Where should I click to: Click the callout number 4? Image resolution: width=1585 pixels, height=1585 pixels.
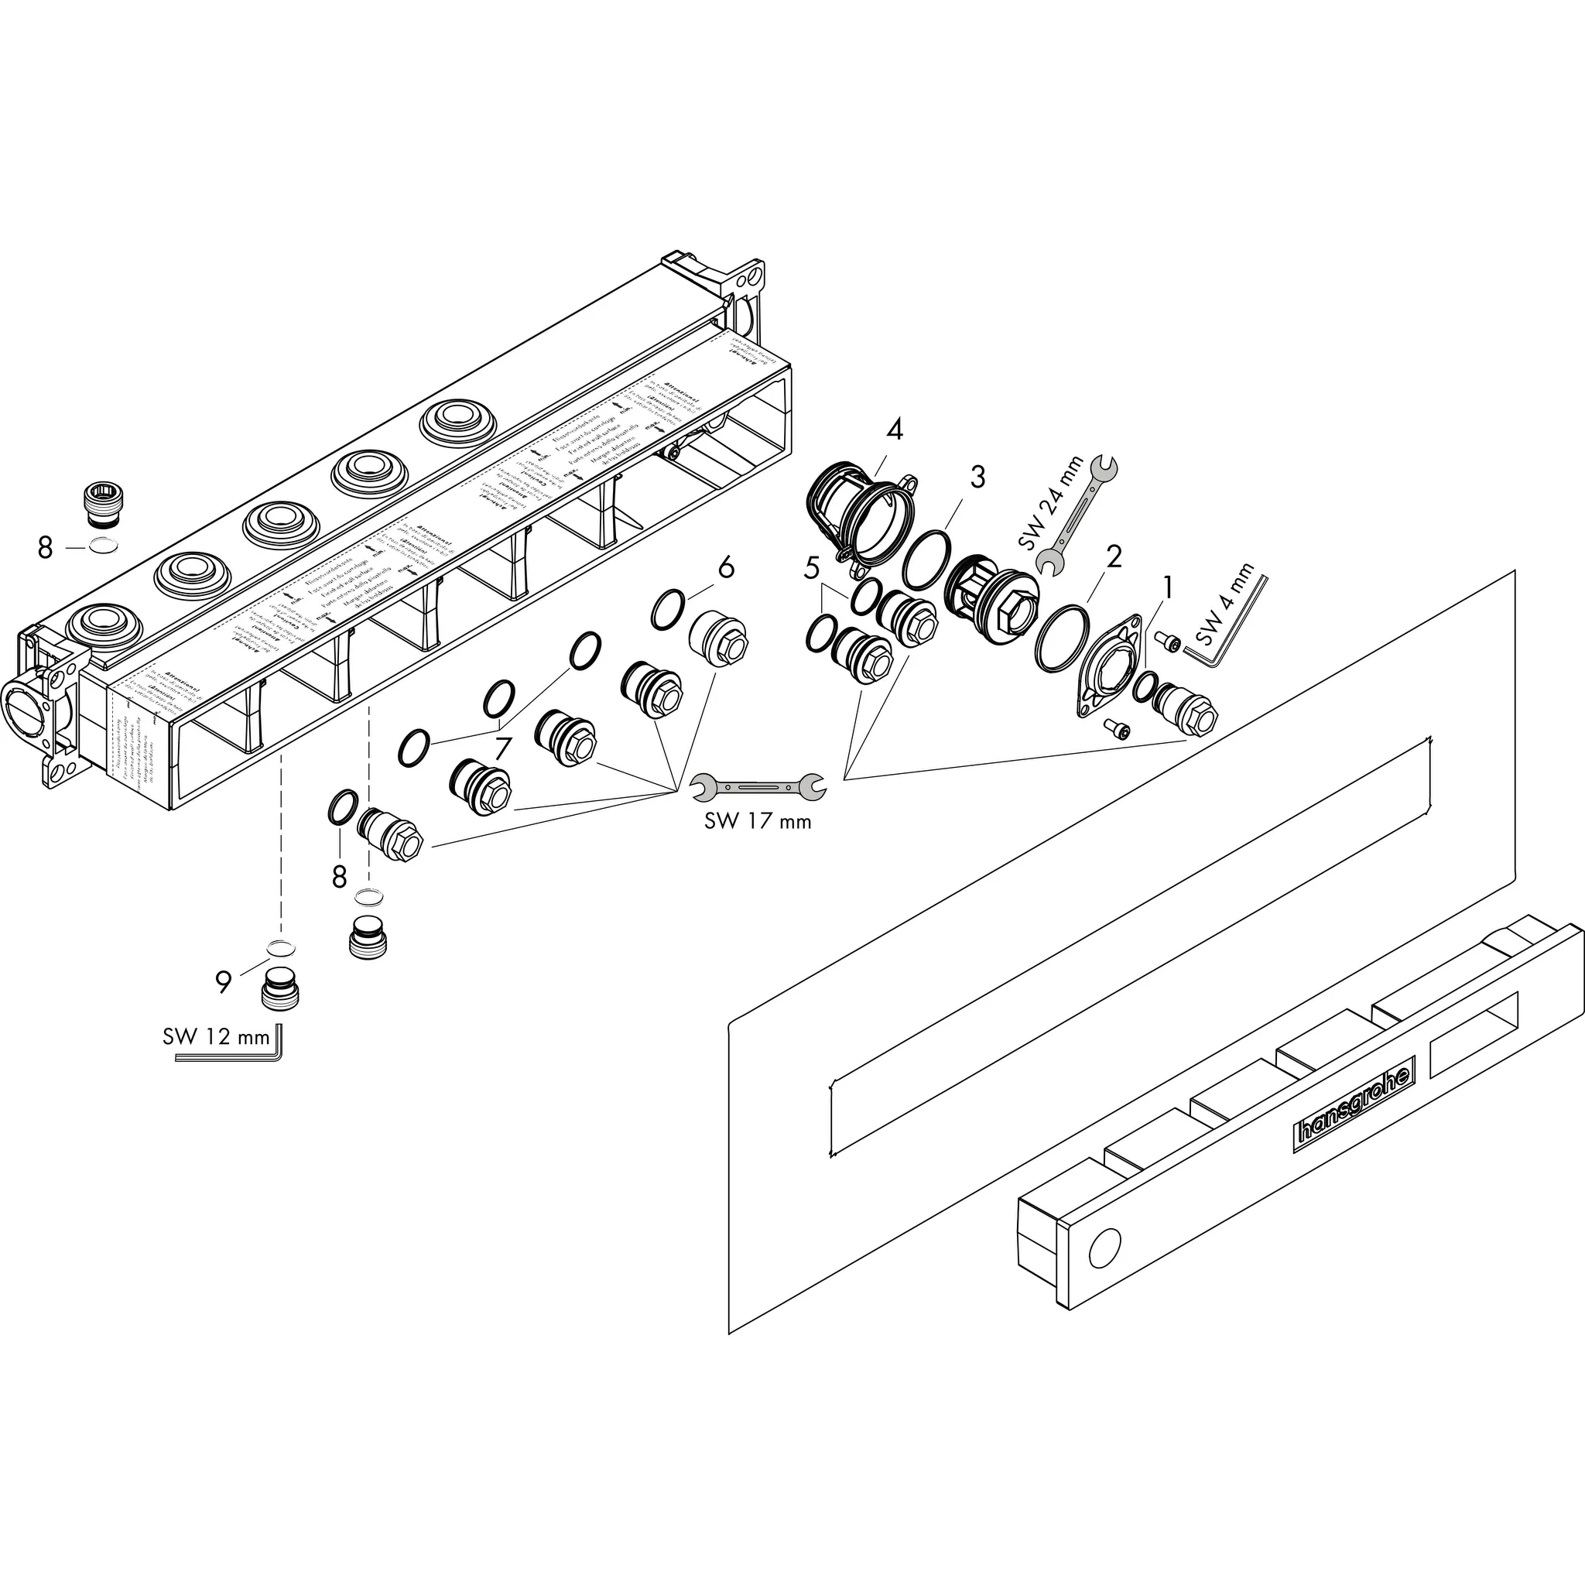pyautogui.click(x=894, y=428)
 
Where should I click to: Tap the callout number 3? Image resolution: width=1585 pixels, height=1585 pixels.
pyautogui.click(x=977, y=477)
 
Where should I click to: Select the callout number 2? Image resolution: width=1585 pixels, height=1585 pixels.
pyautogui.click(x=1113, y=557)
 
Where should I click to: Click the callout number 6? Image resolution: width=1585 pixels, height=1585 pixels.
pyautogui.click(x=725, y=568)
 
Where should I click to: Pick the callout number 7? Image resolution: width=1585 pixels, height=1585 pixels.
pyautogui.click(x=502, y=748)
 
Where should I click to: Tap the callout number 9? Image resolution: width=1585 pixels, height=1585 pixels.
pyautogui.click(x=223, y=982)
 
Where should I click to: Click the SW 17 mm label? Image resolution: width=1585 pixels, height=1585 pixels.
pyautogui.click(x=757, y=821)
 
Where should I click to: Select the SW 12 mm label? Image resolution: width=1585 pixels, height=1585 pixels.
pyautogui.click(x=216, y=1037)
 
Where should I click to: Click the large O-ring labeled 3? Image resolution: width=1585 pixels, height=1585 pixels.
pyautogui.click(x=926, y=559)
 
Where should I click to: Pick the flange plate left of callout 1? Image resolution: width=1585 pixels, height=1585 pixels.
pyautogui.click(x=1107, y=667)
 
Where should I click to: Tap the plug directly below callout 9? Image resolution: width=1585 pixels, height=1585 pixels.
pyautogui.click(x=279, y=989)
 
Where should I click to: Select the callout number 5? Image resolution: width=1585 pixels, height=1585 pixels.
pyautogui.click(x=811, y=568)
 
